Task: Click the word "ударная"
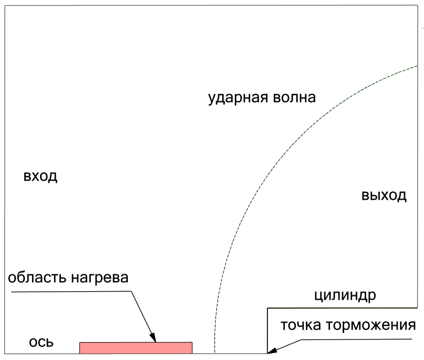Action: point(238,98)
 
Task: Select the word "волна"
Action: point(294,98)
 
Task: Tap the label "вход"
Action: point(40,177)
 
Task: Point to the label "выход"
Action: point(384,196)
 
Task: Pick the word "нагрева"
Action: point(99,278)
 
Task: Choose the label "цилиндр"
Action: point(345,296)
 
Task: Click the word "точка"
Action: point(301,325)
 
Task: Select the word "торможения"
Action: point(370,325)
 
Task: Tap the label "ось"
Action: point(42,343)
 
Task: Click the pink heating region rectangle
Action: point(136,348)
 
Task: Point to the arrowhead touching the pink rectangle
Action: point(153,338)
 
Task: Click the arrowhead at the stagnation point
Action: point(272,351)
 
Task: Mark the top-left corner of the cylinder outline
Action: point(267,308)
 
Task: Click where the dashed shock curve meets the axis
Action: point(215,353)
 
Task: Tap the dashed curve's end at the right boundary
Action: point(417,66)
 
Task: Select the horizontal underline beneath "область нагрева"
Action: point(71,292)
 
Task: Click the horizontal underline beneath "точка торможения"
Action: point(356,340)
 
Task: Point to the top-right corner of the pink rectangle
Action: point(192,343)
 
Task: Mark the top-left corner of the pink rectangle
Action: point(79,343)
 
